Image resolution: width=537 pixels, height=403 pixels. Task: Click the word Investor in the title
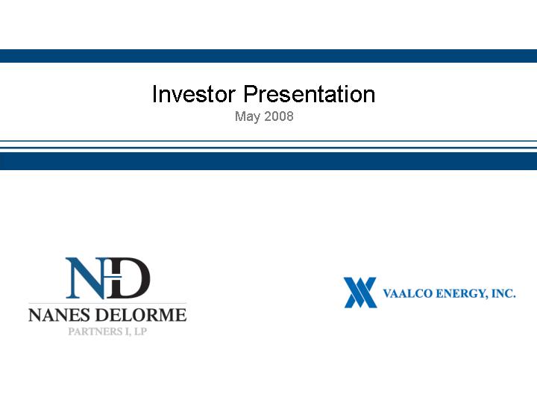[x=194, y=94]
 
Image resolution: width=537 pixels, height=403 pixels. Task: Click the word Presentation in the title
[x=310, y=94]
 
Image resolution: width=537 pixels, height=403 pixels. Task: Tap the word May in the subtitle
[x=248, y=116]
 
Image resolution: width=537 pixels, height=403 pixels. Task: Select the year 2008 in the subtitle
[x=279, y=116]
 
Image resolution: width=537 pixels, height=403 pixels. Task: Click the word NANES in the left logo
[x=59, y=315]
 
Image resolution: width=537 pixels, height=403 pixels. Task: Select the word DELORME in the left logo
[x=141, y=315]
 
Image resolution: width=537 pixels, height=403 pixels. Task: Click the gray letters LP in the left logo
[x=141, y=331]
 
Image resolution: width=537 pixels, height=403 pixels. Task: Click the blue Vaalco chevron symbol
[x=360, y=293]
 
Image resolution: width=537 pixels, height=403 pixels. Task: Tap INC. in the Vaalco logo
[x=503, y=294]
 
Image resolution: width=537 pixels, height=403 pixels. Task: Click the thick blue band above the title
[x=268, y=56]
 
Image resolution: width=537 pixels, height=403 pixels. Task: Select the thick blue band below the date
[x=268, y=161]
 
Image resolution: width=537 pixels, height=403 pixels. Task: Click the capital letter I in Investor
[x=155, y=94]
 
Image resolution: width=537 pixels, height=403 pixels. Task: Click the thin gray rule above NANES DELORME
[x=107, y=303]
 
